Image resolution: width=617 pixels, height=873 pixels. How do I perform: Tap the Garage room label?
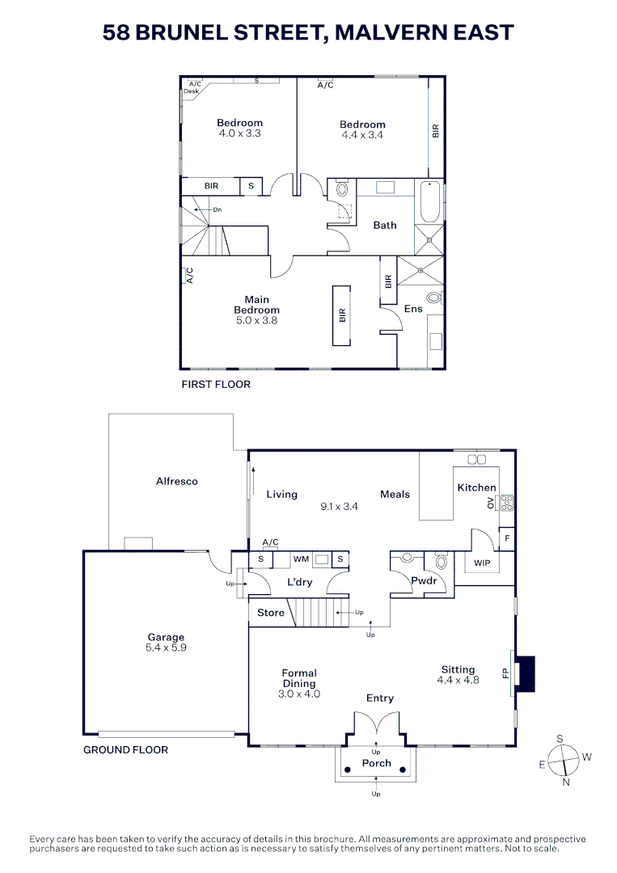166,637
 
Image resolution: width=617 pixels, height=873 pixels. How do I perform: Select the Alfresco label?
177,481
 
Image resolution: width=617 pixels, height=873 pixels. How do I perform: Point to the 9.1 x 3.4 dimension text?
339,507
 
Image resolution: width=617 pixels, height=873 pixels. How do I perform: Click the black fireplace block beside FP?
526,673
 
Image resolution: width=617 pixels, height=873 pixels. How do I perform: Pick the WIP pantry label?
482,563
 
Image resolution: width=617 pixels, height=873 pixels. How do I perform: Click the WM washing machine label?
301,559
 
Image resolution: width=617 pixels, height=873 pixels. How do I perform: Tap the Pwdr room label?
424,580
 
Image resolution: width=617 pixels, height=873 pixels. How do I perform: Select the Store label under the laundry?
271,613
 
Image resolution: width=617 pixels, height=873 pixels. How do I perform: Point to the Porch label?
376,763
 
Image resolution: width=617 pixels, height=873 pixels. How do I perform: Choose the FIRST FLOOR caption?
216,384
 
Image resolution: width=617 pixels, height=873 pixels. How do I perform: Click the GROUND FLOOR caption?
126,749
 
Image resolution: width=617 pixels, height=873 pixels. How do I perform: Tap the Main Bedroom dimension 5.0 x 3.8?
256,321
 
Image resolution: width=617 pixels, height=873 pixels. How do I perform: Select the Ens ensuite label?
413,309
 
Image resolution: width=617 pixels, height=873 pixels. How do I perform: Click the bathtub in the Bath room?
429,202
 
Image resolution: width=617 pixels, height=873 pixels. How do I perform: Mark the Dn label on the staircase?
217,209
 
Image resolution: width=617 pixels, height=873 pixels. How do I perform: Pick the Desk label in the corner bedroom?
191,91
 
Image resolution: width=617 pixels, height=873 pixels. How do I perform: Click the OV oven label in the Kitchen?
490,503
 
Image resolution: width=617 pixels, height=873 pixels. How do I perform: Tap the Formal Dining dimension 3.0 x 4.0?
299,694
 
